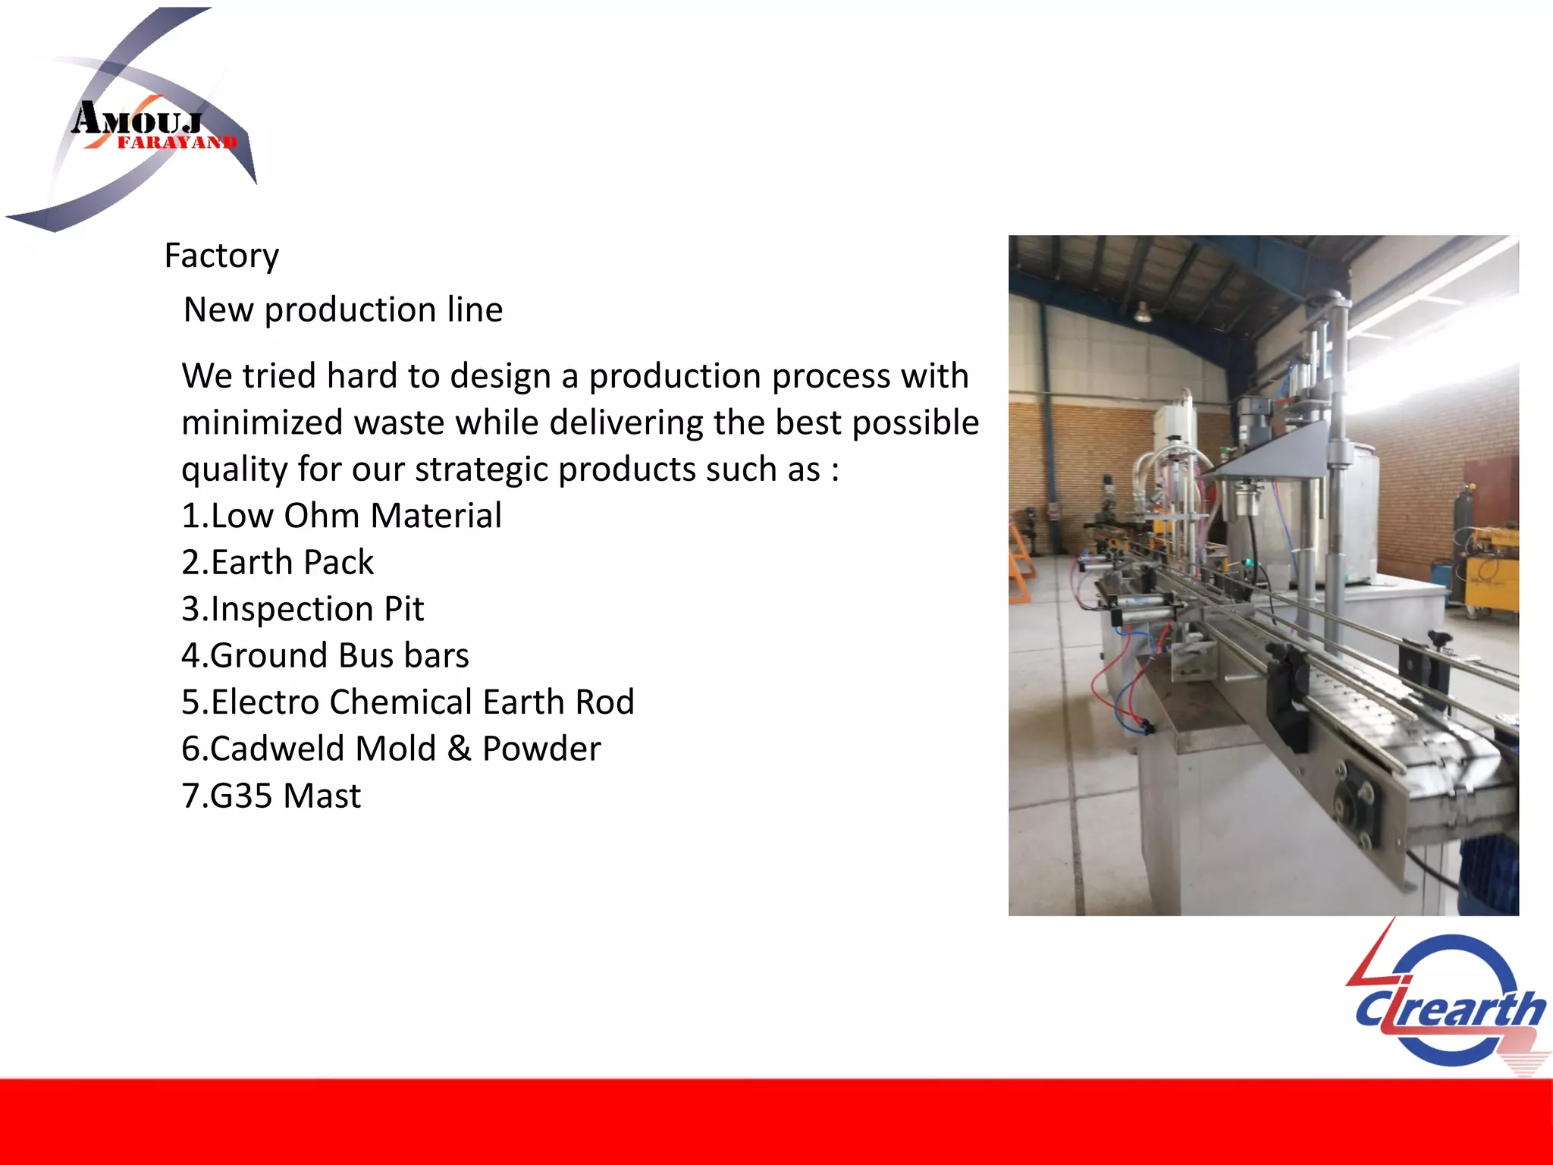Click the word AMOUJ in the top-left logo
pyautogui.click(x=136, y=119)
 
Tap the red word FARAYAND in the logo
pyautogui.click(x=177, y=143)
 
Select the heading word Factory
pyautogui.click(x=221, y=256)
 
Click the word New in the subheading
pyautogui.click(x=218, y=309)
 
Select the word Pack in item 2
pyautogui.click(x=338, y=563)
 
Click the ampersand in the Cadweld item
pyautogui.click(x=459, y=749)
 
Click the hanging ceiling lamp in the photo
pyautogui.click(x=1142, y=312)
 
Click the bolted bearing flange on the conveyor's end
pyautogui.click(x=1354, y=812)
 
